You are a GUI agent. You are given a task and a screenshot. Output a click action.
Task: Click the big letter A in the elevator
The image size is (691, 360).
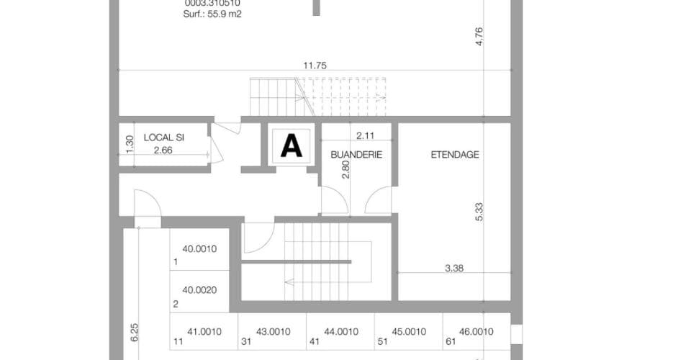coord(292,146)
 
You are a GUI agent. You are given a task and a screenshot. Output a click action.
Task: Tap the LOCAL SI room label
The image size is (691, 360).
coord(164,138)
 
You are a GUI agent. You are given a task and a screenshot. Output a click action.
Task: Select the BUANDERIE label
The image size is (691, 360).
coord(356,155)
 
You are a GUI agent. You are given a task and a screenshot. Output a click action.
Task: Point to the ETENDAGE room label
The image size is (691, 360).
coord(455,155)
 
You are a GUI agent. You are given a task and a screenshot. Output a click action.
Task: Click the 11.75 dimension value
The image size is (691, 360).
coord(315,66)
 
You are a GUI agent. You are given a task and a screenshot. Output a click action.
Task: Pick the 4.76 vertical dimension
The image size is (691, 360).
coord(479,36)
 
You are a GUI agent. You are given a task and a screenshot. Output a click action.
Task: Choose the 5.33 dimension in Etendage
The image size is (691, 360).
coord(479,212)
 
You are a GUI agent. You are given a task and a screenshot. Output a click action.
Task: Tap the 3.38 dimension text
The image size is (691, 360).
coord(454,268)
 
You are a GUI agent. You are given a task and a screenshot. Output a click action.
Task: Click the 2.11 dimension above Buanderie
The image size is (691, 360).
coord(365,135)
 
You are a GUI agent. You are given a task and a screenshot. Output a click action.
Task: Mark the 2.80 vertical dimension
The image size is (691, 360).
coord(345,169)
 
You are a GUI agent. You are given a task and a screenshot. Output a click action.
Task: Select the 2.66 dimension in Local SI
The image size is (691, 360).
coord(163,150)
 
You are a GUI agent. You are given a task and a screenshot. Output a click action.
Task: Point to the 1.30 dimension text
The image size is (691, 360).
coord(129,144)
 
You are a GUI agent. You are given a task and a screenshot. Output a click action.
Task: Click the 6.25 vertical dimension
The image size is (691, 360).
coord(135,333)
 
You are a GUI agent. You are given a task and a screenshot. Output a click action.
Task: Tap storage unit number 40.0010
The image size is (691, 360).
coord(199,249)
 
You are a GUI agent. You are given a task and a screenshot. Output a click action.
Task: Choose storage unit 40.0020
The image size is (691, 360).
coord(199,290)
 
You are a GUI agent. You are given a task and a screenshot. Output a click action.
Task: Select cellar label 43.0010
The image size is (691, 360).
coord(274,332)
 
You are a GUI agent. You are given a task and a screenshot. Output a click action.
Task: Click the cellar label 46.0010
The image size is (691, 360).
coord(476,332)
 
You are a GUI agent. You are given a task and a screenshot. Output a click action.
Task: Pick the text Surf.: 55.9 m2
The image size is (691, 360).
coord(212,14)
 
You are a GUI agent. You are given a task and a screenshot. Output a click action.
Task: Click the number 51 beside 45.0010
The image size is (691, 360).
coord(382,341)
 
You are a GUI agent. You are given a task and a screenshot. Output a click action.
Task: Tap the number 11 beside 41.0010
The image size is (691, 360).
coord(178,341)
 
